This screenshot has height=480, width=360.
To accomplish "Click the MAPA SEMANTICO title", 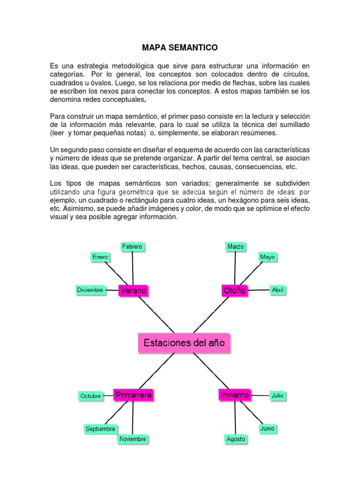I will click(x=180, y=47).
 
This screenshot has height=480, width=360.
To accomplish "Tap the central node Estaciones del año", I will click(x=185, y=343).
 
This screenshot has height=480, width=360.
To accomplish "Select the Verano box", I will click(x=134, y=291).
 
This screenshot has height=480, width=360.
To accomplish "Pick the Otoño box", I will click(x=234, y=291).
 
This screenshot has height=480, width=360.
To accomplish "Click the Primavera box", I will click(x=134, y=395).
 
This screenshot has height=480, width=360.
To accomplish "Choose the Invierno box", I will click(x=234, y=395).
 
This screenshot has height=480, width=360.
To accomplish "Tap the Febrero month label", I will click(x=132, y=247).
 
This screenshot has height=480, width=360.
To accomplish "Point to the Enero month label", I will click(x=100, y=257).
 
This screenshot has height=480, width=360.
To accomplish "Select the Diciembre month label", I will click(x=90, y=290).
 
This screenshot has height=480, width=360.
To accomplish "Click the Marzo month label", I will click(x=236, y=247).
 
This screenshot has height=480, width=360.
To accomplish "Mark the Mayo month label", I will click(x=267, y=257).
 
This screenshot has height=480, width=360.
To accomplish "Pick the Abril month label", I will click(x=278, y=290).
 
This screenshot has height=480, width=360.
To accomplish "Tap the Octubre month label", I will click(x=91, y=396).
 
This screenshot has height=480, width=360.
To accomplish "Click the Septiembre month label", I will click(x=100, y=429).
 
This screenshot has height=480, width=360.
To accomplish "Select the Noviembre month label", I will click(x=133, y=439).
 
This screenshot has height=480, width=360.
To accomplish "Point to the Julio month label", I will click(x=277, y=396).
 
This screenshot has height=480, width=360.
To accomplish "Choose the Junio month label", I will click(x=267, y=428).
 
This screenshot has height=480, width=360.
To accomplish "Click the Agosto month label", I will click(x=236, y=439).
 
